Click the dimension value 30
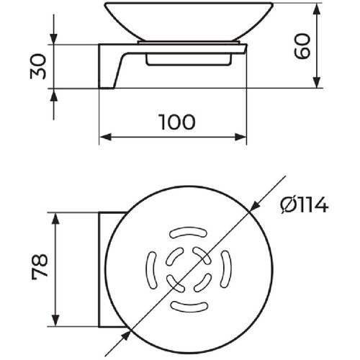(x=38, y=66)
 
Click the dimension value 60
(x=302, y=46)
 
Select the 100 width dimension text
(x=177, y=122)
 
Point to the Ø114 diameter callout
(x=305, y=205)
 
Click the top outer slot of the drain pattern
(x=189, y=233)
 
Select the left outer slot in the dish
(x=151, y=270)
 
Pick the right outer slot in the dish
(x=226, y=269)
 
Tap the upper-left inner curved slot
(x=174, y=256)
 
